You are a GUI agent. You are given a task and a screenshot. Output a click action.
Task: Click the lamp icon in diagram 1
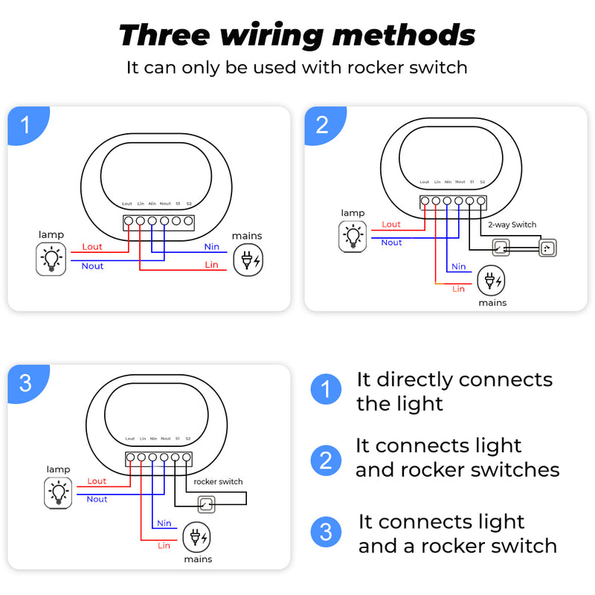51,260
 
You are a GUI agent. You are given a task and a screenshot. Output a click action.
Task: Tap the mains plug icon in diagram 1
248,260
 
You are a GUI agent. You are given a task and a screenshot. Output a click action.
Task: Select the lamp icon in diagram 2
353,237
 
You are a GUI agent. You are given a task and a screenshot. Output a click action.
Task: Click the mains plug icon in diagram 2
491,281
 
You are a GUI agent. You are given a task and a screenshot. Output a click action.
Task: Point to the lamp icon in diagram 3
58,493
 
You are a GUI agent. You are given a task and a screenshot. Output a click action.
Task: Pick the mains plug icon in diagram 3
197,537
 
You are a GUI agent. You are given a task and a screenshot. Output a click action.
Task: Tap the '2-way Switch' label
512,225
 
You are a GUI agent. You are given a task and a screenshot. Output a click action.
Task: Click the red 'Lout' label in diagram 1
92,247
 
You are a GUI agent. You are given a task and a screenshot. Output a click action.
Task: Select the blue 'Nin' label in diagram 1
212,247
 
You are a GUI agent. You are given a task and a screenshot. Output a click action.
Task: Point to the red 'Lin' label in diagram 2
458,289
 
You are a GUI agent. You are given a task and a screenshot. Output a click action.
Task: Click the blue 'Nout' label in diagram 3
97,499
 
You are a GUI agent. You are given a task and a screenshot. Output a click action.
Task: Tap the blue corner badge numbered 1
26,125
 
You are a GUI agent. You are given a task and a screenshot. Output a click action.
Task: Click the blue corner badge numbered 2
322,124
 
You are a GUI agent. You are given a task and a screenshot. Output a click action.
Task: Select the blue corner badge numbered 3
26,382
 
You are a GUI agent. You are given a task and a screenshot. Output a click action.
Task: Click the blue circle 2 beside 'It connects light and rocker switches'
325,460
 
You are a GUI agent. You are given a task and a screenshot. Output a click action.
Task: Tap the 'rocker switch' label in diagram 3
218,482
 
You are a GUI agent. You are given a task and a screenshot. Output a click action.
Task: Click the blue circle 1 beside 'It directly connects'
325,390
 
